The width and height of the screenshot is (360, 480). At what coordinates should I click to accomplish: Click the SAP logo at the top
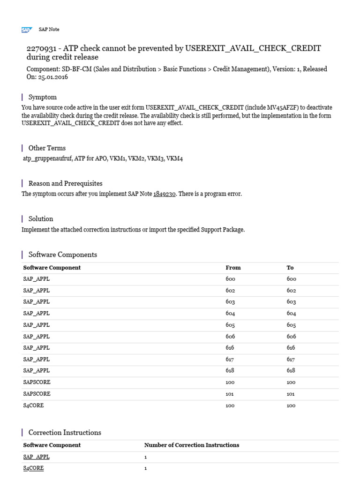27,30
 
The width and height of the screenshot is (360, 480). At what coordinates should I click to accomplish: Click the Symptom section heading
42,97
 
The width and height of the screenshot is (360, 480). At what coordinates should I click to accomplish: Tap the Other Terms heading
47,148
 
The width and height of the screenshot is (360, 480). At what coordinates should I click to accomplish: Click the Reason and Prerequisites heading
65,183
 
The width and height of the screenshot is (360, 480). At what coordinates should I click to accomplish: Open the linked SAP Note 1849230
165,194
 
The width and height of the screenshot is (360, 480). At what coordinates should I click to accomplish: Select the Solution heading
41,218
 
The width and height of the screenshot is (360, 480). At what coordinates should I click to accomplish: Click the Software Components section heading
63,255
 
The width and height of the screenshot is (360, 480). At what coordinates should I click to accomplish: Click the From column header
233,268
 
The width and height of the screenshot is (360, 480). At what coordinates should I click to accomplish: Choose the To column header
290,268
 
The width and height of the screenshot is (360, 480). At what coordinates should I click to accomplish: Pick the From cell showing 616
230,348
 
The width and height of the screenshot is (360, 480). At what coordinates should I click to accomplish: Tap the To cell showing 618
291,371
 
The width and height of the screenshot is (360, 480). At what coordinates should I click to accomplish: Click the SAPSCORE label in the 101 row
37,394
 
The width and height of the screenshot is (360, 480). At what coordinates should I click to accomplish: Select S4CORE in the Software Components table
33,405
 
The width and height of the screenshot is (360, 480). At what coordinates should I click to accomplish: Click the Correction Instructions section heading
65,432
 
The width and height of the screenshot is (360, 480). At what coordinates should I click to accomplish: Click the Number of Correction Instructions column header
191,445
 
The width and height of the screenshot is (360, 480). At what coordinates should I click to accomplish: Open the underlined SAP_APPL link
36,457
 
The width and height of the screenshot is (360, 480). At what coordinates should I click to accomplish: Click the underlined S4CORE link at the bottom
33,468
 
